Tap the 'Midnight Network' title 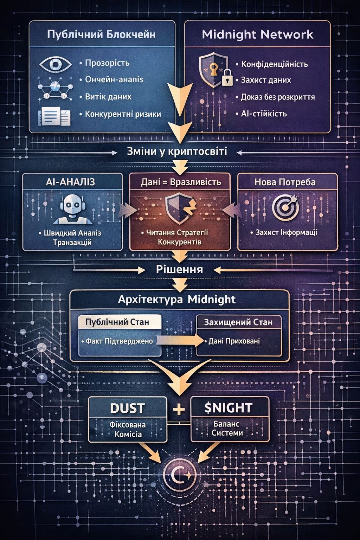click(257, 34)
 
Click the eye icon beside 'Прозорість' click(55, 64)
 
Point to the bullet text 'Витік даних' click(108, 97)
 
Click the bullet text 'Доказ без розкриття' click(277, 97)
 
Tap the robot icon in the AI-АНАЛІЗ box click(72, 210)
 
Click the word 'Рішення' click(179, 269)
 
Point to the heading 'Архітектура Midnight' click(176, 300)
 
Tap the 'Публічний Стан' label click(117, 322)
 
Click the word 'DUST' click(127, 408)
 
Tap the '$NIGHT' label click(228, 408)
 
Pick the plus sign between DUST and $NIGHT click(179, 409)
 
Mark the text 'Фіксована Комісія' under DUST click(127, 429)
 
